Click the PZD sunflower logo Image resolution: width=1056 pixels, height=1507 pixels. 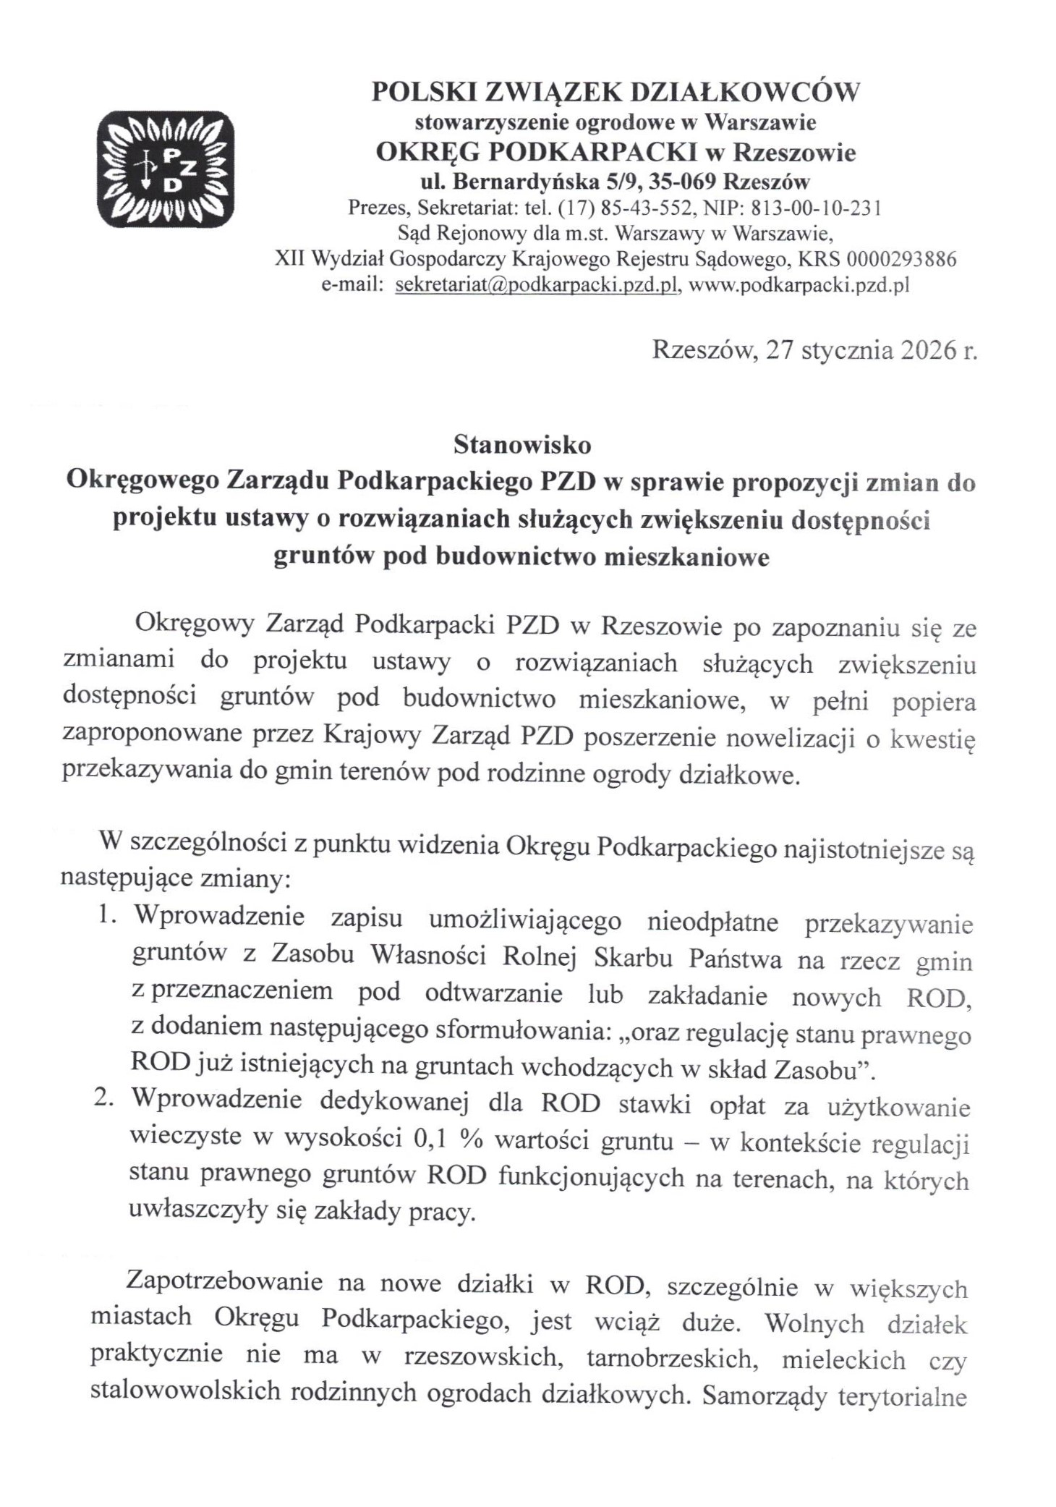click(166, 167)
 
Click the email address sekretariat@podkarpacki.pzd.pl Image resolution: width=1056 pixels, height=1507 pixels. click(536, 285)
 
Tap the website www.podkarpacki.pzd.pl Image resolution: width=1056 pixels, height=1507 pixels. click(799, 285)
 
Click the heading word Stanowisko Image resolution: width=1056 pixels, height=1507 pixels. click(522, 445)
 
